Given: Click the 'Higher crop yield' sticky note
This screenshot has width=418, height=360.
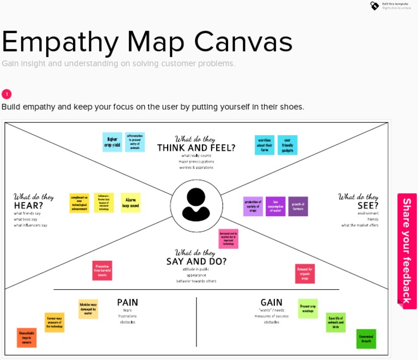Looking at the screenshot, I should click(112, 142).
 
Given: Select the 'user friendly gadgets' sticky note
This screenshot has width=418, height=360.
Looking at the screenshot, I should click(287, 145).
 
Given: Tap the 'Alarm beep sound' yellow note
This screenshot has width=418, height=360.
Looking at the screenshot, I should click(131, 203).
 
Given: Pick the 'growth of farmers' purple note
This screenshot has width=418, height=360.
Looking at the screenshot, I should click(298, 206).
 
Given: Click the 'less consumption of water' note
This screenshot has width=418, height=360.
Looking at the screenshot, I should click(275, 206).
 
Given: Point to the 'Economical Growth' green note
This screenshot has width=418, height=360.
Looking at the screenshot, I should click(366, 339).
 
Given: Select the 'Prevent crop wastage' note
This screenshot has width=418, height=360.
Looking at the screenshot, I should click(308, 309).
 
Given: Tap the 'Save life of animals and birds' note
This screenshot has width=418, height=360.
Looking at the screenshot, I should click(335, 322).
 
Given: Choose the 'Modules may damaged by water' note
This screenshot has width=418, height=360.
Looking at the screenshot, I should click(88, 309).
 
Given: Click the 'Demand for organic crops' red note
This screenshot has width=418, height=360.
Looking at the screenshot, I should click(305, 273).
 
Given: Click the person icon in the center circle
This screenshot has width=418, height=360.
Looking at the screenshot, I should click(196, 205).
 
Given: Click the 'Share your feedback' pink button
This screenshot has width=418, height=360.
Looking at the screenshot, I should click(407, 251).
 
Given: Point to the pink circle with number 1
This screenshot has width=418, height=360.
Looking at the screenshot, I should click(7, 94).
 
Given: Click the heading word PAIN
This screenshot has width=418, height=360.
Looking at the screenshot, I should click(127, 302).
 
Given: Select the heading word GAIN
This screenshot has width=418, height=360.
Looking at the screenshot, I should click(271, 302).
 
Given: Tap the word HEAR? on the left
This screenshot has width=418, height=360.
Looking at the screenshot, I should click(28, 205).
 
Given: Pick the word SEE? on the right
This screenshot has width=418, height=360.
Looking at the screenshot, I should click(368, 205).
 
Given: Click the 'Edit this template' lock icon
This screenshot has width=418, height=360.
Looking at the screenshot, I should click(374, 5).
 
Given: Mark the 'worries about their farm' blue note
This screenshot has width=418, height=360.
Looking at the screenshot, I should click(265, 145).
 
